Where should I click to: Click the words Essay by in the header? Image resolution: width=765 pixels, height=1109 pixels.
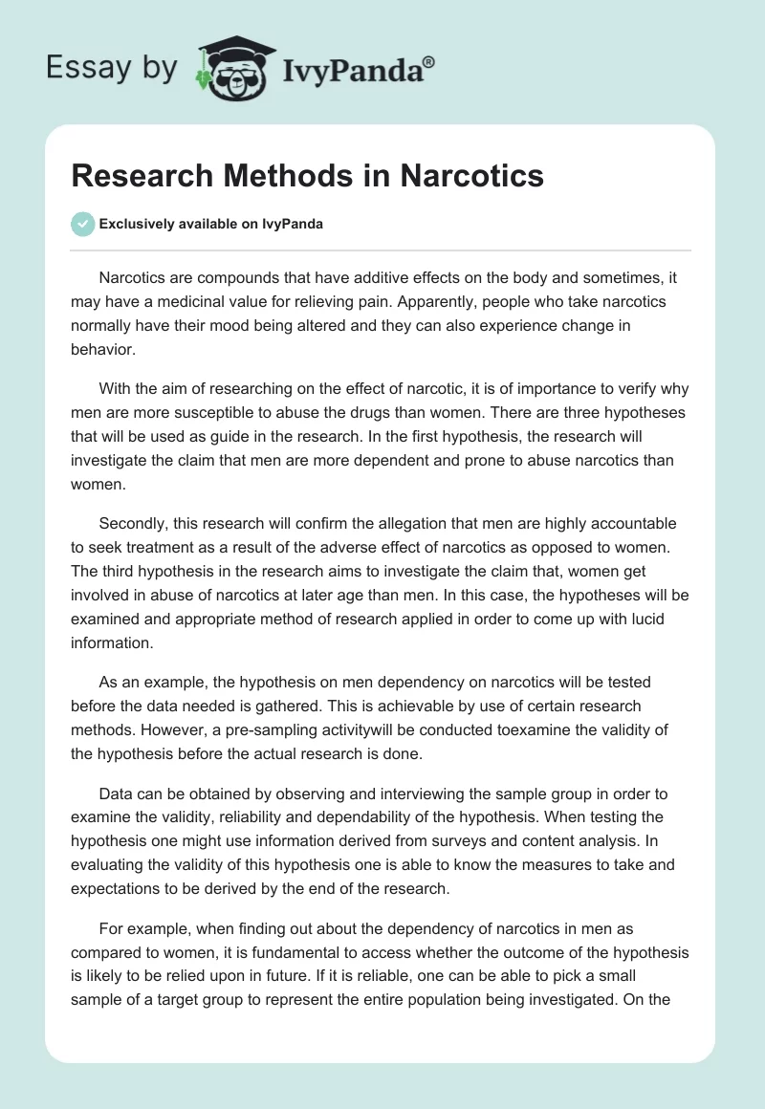(111, 68)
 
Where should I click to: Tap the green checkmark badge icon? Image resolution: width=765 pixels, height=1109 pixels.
(82, 224)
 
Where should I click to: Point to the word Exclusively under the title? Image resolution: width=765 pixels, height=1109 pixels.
(136, 225)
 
